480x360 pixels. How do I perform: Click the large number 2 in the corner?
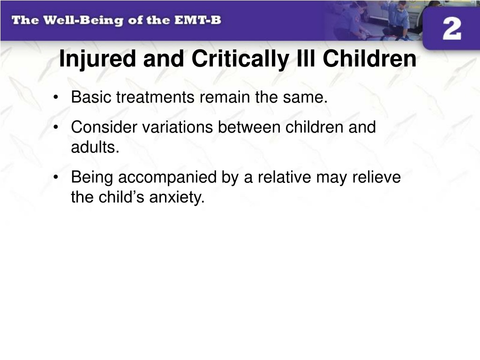pos(452,29)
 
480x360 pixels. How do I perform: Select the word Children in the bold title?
pos(369,59)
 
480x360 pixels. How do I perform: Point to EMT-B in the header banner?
pos(198,20)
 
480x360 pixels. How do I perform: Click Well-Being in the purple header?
pos(83,21)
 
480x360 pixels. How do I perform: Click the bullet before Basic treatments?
pos(55,97)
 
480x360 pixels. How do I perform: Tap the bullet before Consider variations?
pos(55,127)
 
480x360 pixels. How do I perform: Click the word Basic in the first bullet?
pos(91,97)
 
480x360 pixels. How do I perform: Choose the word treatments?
pos(155,98)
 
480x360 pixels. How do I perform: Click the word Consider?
pos(104,127)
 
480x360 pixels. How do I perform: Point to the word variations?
pos(178,127)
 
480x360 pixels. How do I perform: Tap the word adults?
pos(95,147)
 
